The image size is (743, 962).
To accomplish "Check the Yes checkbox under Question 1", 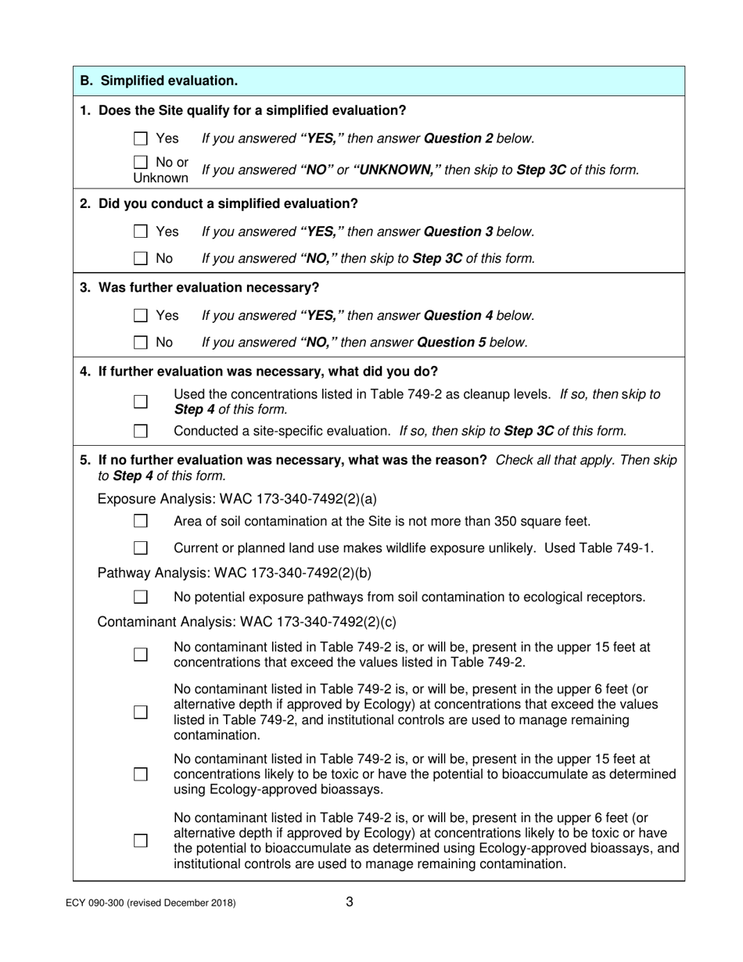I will point(141,139).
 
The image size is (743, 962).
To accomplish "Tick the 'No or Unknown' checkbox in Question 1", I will point(141,163).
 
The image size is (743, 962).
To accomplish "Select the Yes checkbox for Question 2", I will point(141,232).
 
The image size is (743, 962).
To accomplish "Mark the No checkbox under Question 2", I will point(141,258).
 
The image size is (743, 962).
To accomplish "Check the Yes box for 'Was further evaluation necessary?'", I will point(141,316).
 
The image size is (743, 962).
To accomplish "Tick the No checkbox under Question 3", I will point(141,343).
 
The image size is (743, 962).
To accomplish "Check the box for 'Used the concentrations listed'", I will point(141,401).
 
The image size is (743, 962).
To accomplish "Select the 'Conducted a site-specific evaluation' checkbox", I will point(141,431).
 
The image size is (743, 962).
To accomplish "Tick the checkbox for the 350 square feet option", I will point(141,522).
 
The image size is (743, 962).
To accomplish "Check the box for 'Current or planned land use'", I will point(141,548).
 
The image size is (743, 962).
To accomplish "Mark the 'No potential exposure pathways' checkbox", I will point(141,598).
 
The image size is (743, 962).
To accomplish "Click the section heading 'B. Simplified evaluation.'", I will point(160,81).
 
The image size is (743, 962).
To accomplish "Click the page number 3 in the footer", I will point(350,902).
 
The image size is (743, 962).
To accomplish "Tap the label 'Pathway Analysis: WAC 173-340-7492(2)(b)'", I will point(235,573).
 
